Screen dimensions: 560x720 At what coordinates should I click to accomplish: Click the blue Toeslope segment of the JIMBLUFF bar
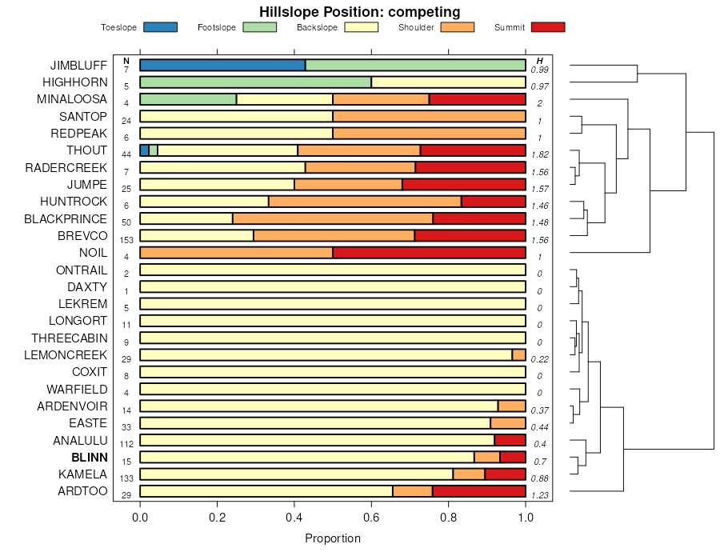tap(222, 65)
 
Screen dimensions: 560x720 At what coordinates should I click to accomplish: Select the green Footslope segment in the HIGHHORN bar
tap(255, 82)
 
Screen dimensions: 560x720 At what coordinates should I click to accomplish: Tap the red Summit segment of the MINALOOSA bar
tap(477, 99)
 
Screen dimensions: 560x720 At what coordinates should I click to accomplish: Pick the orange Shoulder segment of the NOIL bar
tap(236, 253)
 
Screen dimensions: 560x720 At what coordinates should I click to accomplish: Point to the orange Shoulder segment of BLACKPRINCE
tap(332, 218)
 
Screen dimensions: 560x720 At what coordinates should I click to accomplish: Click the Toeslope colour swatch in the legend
tap(160, 27)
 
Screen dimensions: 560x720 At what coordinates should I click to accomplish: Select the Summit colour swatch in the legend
tap(547, 27)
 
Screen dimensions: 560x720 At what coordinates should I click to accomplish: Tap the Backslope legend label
tap(318, 27)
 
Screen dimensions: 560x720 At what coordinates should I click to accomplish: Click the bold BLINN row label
tap(89, 457)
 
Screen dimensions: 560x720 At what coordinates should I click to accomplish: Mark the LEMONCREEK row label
tap(66, 354)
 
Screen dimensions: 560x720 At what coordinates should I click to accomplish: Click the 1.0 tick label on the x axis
tap(526, 518)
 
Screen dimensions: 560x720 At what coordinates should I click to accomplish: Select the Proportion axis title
tap(333, 538)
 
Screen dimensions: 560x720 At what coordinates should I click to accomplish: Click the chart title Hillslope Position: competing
tap(359, 11)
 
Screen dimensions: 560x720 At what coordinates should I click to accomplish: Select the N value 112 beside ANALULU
tap(126, 444)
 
